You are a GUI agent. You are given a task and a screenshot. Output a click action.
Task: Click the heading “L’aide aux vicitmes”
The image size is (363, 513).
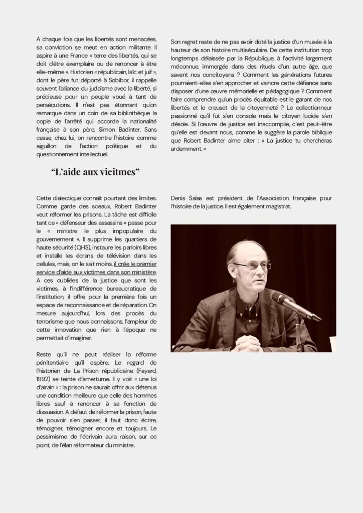click(x=95, y=172)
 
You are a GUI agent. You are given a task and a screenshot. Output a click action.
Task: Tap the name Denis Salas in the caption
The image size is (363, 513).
click(x=188, y=198)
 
